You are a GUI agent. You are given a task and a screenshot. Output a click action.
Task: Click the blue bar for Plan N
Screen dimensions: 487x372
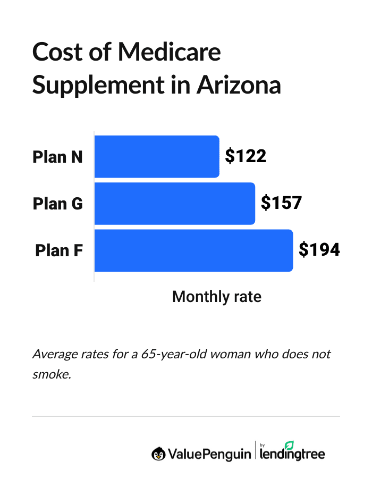[x=157, y=156]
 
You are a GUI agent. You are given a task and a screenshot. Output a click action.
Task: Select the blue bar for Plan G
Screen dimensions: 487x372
[x=174, y=203]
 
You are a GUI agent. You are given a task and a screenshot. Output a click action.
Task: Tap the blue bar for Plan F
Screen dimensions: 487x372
[x=193, y=250]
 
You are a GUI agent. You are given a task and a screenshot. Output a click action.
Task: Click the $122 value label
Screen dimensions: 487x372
[x=245, y=156]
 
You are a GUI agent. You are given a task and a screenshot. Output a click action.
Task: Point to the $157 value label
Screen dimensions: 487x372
[x=281, y=203]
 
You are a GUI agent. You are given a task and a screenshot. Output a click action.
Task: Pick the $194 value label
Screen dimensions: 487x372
[x=319, y=250]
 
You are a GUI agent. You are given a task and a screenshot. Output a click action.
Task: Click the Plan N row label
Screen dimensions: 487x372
[x=57, y=157]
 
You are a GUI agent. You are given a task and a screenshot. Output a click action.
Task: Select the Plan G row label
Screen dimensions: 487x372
[x=57, y=204]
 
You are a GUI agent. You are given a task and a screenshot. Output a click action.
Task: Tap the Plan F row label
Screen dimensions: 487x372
[x=58, y=250]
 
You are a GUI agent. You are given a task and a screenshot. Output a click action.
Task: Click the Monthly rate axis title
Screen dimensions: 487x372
[x=217, y=297]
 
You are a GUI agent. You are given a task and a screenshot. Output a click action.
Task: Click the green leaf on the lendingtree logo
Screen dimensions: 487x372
[x=289, y=445]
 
